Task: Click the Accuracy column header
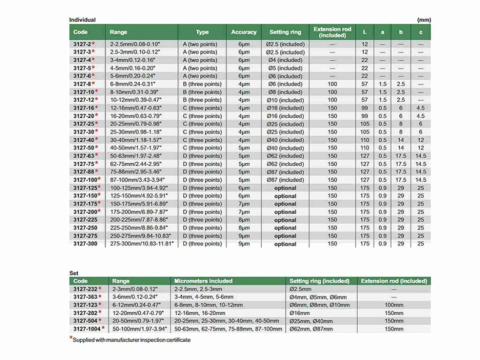point(244,32)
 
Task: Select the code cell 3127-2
point(82,44)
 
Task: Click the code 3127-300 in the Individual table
point(85,244)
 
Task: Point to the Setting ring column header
point(285,32)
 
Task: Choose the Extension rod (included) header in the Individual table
point(332,32)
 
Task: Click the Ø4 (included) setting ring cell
point(285,60)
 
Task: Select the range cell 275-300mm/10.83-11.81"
point(142,244)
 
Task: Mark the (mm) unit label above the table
point(424,20)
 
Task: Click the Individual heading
point(82,20)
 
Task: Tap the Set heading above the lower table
point(73,273)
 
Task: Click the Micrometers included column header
point(204,281)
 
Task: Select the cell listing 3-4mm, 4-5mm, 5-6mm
point(204,297)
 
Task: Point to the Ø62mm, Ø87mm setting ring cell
point(309,329)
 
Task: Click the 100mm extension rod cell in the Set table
point(394,305)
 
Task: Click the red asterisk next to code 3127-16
point(96,108)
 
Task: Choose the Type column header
point(202,32)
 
